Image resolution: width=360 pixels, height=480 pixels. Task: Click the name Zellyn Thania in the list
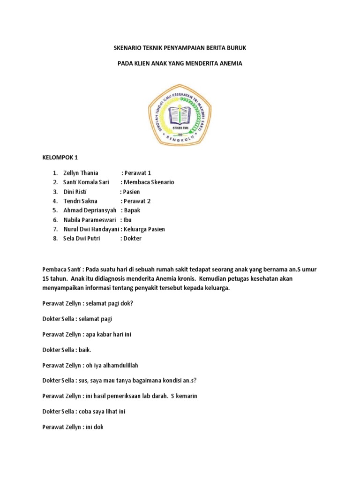click(x=81, y=173)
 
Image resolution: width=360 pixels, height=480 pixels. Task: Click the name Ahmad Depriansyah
click(x=90, y=210)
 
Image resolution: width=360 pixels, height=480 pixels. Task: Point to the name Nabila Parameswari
click(x=90, y=220)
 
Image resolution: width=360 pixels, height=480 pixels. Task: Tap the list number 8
click(x=55, y=239)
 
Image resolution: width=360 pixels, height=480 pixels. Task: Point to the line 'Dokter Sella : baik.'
click(x=67, y=350)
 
